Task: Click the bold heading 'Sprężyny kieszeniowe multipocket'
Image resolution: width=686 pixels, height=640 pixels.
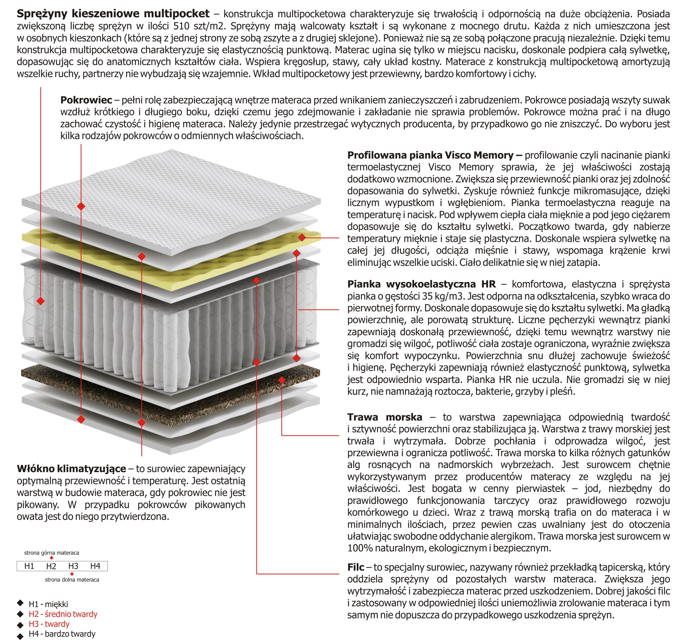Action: pos(113,14)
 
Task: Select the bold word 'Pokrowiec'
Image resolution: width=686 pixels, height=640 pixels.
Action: pos(86,100)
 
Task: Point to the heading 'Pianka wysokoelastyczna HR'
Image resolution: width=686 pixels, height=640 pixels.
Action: pos(421,284)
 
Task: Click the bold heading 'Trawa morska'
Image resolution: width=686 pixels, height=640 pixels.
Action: pos(384,417)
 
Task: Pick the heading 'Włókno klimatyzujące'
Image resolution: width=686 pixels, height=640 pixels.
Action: pos(71,469)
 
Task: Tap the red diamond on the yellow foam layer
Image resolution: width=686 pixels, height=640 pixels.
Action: pos(302,237)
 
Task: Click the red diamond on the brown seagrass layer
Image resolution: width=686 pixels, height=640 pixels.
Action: pos(282,380)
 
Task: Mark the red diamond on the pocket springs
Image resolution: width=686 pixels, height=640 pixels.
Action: pos(40,301)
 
